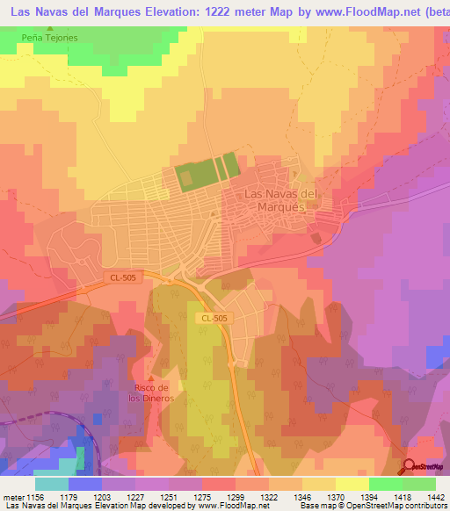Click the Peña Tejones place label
click(51, 38)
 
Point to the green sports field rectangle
click(207, 171)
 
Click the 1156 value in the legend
click(35, 496)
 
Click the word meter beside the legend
click(11, 496)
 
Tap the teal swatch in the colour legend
click(52, 484)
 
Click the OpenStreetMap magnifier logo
click(408, 467)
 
